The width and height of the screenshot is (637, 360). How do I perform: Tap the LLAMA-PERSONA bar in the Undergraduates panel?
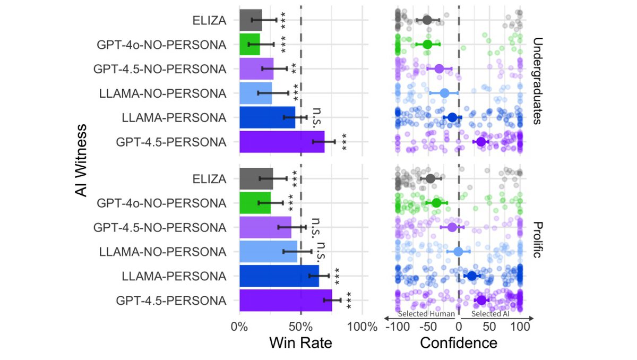coord(267,117)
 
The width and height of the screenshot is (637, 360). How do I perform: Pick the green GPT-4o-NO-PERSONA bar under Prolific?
coord(255,203)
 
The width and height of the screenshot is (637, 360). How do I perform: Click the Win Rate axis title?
coord(300,343)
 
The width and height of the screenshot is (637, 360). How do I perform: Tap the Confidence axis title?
coord(459,343)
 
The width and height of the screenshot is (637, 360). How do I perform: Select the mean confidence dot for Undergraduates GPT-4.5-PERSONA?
coord(481,142)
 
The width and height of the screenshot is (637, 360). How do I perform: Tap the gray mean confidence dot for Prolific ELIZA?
coord(431,178)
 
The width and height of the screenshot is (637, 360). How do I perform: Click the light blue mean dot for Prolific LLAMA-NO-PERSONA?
coord(459,252)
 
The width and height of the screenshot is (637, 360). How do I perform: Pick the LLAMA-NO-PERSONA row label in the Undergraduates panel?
coord(162,93)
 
